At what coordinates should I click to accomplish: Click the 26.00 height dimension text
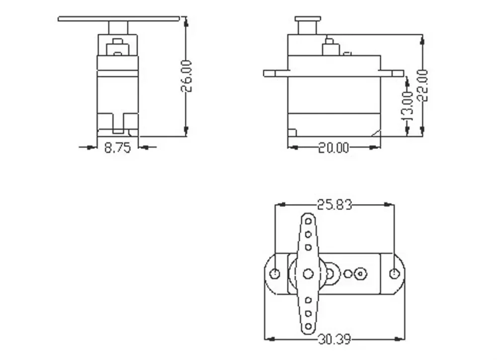click(186, 76)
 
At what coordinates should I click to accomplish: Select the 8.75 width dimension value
click(117, 147)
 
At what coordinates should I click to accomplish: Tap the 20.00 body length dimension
click(333, 147)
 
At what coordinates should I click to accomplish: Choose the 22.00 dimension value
click(422, 85)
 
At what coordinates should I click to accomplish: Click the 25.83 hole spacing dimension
click(334, 204)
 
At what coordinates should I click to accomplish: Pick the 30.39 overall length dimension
click(334, 340)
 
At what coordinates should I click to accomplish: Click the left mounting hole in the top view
click(274, 274)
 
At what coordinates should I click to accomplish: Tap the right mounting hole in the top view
click(395, 274)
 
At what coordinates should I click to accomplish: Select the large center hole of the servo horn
click(308, 274)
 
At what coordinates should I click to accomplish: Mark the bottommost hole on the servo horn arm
click(308, 326)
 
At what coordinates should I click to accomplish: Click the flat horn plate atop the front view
click(118, 19)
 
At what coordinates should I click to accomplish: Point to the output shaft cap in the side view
click(308, 19)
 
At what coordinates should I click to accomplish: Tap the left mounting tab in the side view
click(275, 73)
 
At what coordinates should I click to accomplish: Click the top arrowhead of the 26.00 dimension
click(186, 21)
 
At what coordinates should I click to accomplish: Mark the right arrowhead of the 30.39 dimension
click(401, 340)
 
